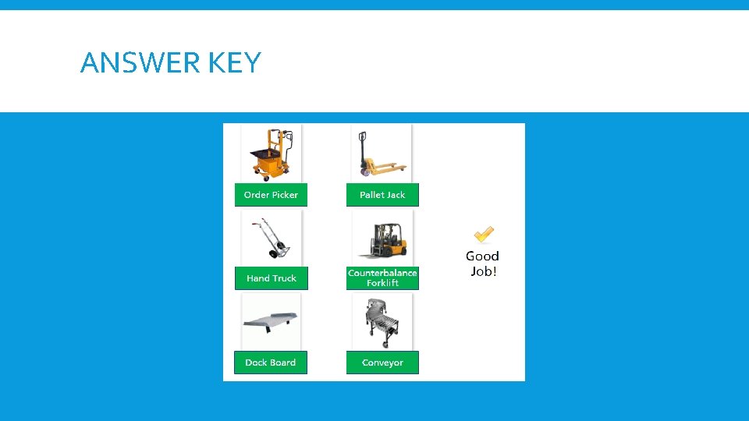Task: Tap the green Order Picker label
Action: point(271,195)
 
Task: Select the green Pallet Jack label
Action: point(382,195)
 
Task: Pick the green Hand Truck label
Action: point(271,278)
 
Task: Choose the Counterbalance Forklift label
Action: point(382,278)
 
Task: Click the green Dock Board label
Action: point(271,363)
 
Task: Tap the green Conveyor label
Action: point(382,363)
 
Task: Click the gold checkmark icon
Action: point(484,234)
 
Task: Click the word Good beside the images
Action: point(482,256)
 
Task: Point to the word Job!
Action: point(483,271)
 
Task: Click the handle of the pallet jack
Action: point(362,140)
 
